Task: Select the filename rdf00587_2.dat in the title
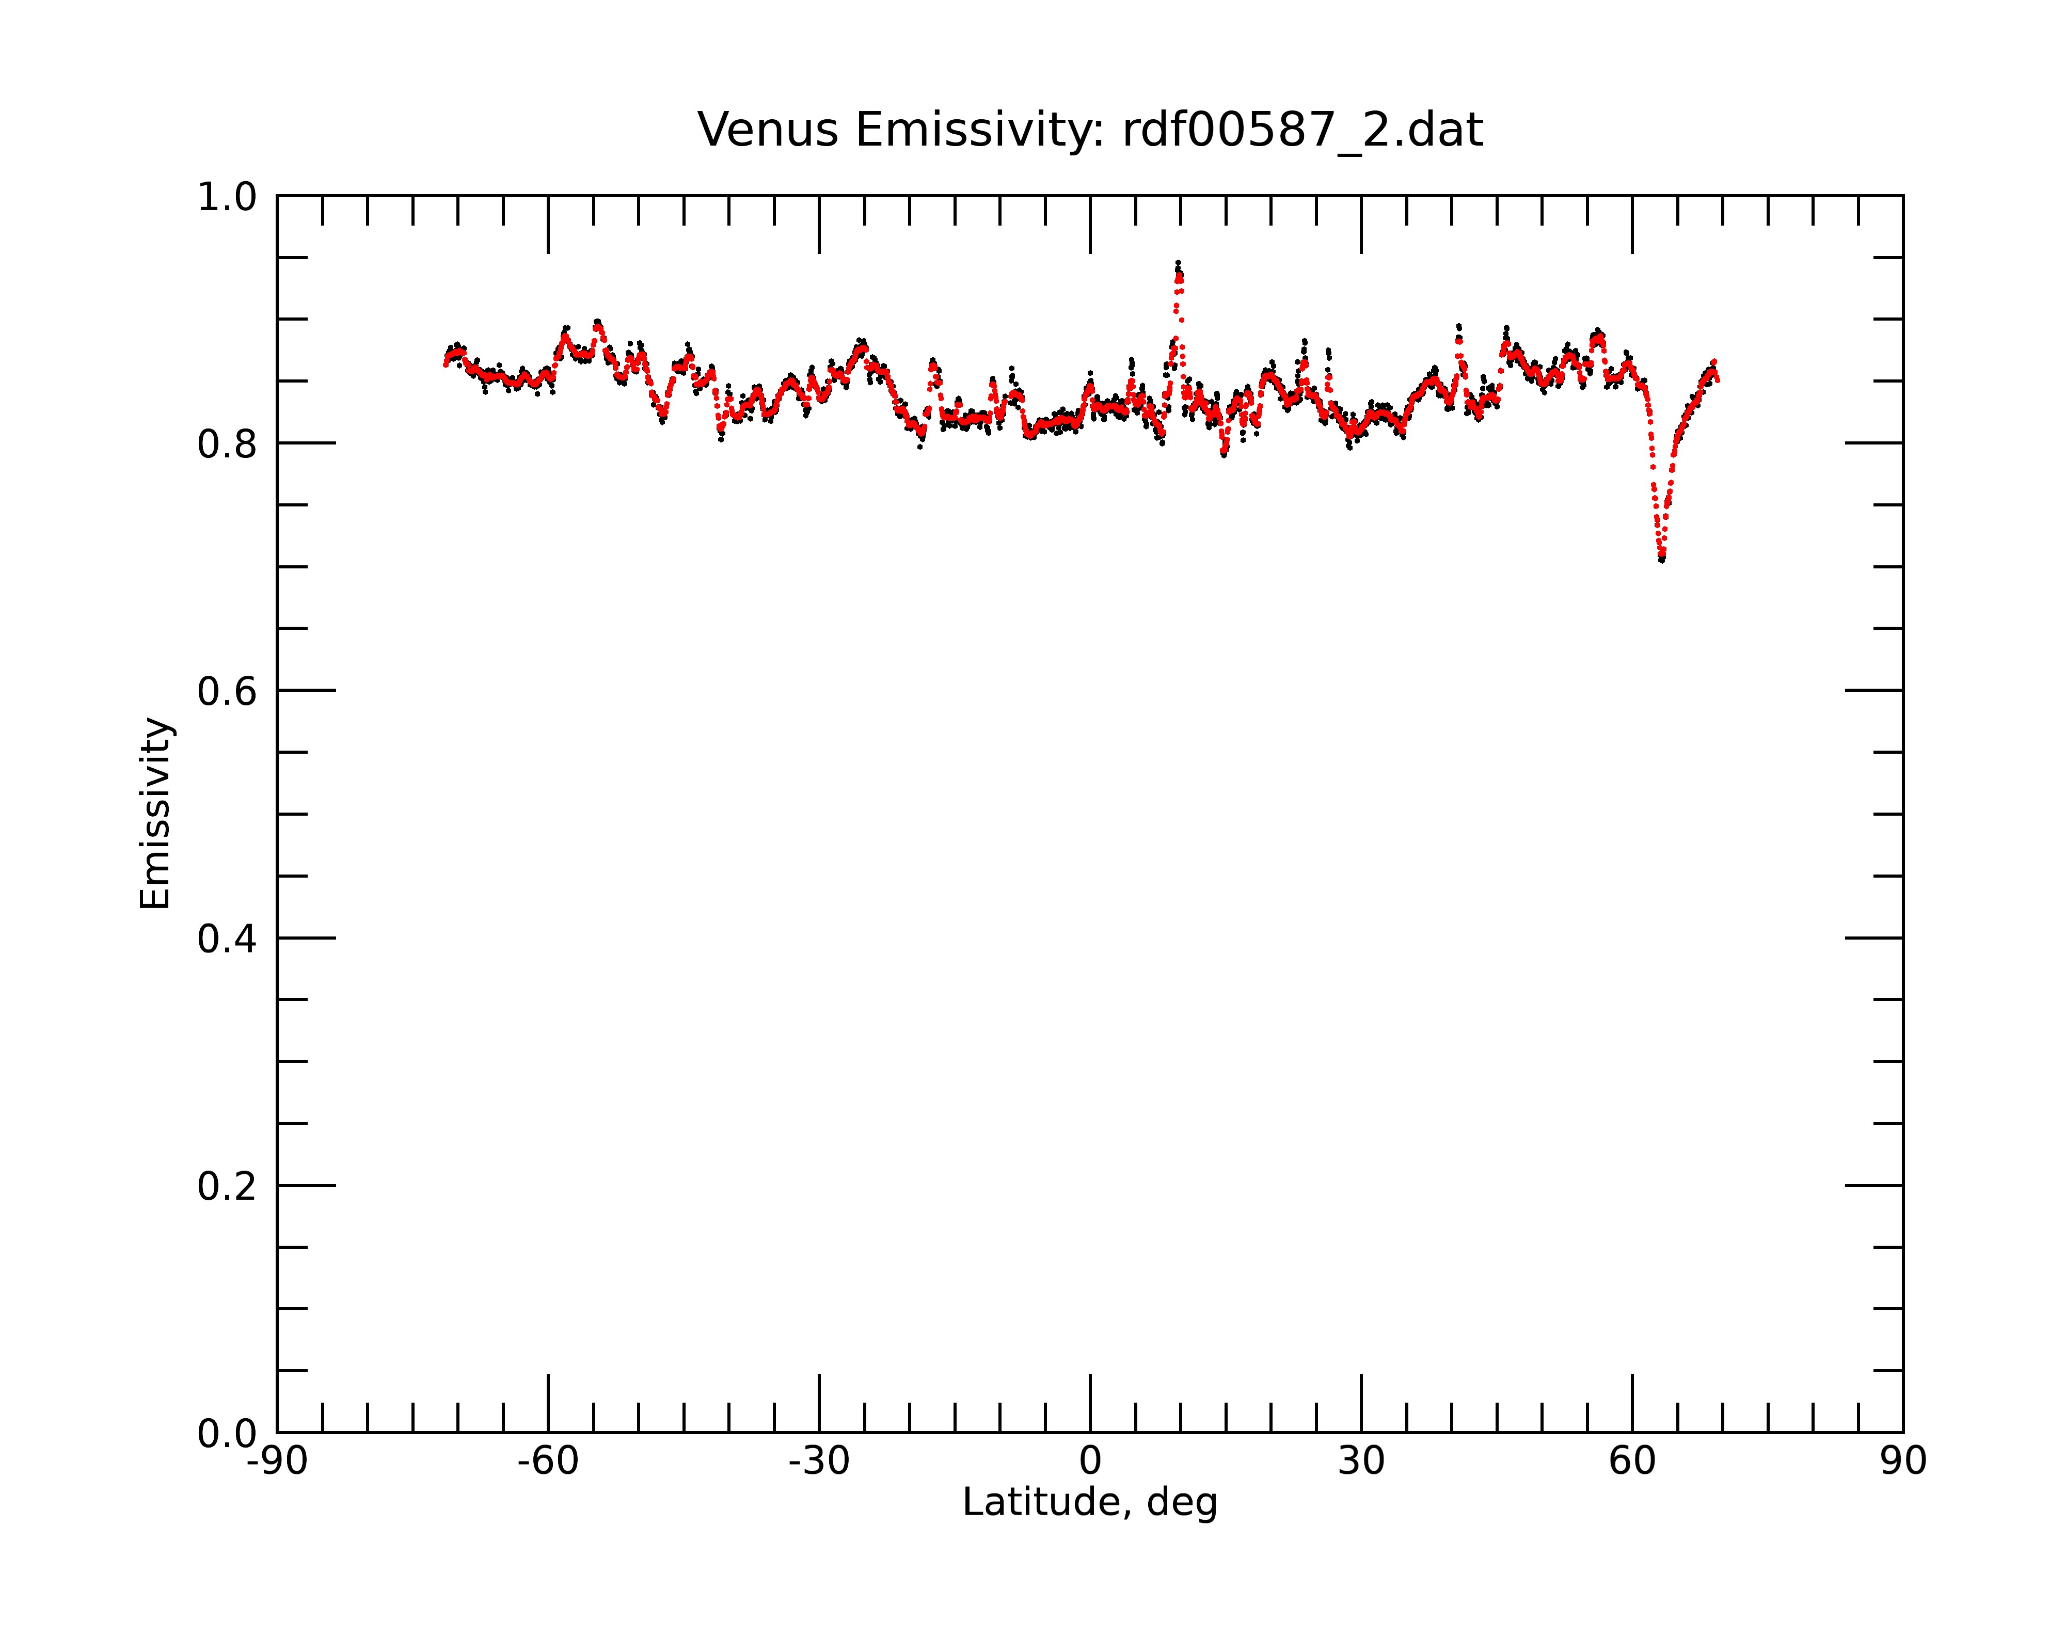click(1302, 130)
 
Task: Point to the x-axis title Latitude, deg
click(1090, 1503)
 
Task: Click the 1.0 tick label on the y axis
click(227, 197)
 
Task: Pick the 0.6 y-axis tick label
click(227, 691)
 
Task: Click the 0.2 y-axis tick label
click(227, 1186)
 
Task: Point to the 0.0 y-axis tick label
click(227, 1434)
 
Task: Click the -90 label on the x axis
click(277, 1462)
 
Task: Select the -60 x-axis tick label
click(548, 1462)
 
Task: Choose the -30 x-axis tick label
click(819, 1462)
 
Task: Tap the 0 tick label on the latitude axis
click(1090, 1462)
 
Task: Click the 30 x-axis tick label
click(1361, 1462)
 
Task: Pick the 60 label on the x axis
click(1632, 1462)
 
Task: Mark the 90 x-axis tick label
click(1903, 1462)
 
